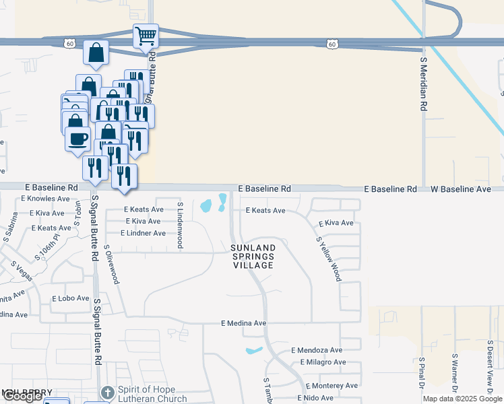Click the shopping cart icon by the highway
(146, 36)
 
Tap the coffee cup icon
(77, 139)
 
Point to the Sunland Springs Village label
(253, 257)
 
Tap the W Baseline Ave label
(462, 190)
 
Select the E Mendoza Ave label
(317, 350)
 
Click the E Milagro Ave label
(322, 362)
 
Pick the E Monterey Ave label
(332, 386)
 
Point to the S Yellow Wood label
(328, 259)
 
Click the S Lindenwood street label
(180, 225)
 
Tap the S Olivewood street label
(111, 264)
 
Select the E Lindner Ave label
(143, 233)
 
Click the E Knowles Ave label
(45, 199)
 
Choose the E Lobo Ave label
(70, 298)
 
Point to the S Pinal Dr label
(422, 374)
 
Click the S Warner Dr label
(455, 374)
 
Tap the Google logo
(22, 396)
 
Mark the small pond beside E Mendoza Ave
(253, 351)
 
